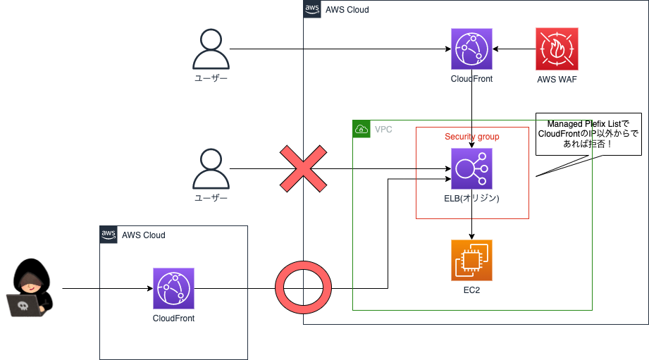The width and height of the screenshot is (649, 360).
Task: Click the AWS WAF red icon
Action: (x=557, y=49)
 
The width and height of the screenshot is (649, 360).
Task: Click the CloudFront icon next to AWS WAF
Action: (x=471, y=49)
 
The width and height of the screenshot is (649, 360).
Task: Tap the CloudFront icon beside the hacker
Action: (x=173, y=288)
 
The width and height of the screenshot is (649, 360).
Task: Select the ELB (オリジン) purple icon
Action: (x=471, y=168)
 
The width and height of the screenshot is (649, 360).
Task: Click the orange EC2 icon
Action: (x=471, y=260)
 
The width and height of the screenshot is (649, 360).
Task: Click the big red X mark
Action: (x=303, y=168)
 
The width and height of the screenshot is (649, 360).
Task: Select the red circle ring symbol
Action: (x=303, y=288)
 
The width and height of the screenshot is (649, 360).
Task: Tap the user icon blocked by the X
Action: (x=211, y=169)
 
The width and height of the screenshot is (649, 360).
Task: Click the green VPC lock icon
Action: (x=361, y=129)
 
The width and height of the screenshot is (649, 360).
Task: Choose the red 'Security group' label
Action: (x=471, y=136)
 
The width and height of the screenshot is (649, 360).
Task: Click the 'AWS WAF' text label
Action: (x=557, y=79)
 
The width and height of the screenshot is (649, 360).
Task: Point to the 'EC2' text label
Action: (x=471, y=290)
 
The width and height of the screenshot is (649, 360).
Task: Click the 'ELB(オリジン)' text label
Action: (x=471, y=199)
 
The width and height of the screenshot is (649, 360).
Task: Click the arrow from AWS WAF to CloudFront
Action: (x=514, y=49)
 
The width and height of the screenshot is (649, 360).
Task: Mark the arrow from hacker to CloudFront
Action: (x=106, y=288)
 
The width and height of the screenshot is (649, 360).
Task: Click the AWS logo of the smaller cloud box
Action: (x=109, y=234)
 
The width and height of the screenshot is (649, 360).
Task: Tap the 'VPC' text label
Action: (x=383, y=129)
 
